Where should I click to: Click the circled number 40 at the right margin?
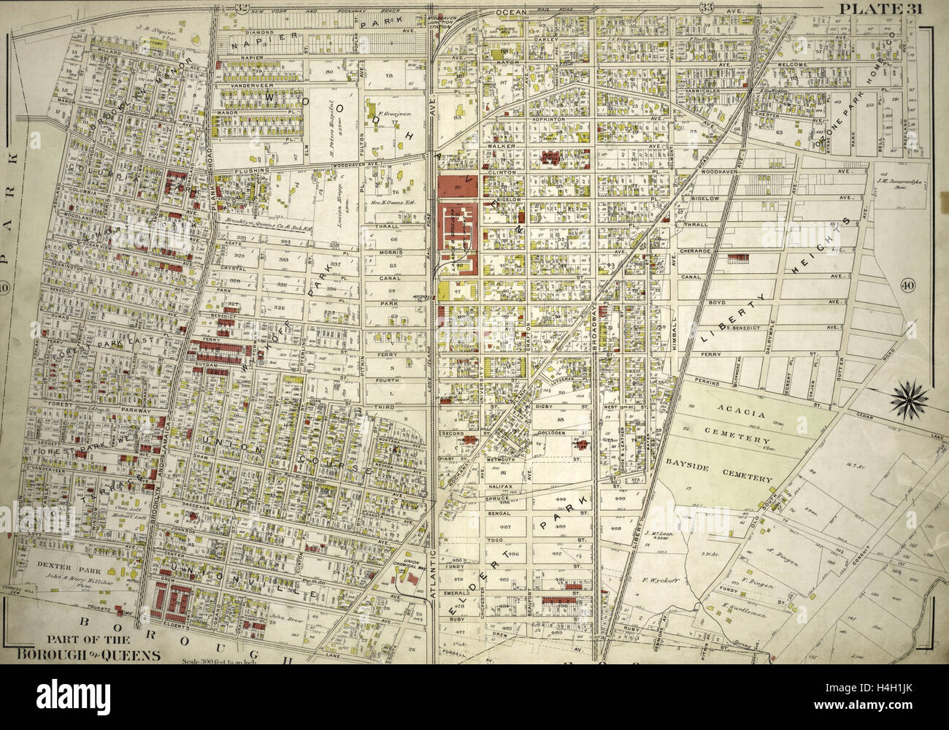tap(908, 285)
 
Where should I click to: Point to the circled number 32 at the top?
tap(222, 7)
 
